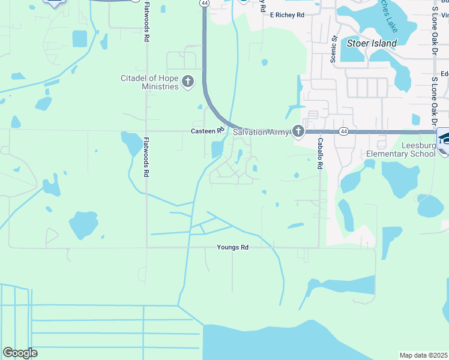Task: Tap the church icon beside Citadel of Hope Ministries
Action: pyautogui.click(x=188, y=82)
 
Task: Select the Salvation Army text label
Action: pyautogui.click(x=261, y=132)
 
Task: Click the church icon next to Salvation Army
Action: pyautogui.click(x=298, y=132)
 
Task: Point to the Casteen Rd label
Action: pyautogui.click(x=207, y=130)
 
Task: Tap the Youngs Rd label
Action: pyautogui.click(x=233, y=247)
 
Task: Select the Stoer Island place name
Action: pyautogui.click(x=372, y=43)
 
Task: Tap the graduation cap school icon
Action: pyautogui.click(x=445, y=137)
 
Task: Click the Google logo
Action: pyautogui.click(x=20, y=353)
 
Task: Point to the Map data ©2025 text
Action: pyautogui.click(x=424, y=355)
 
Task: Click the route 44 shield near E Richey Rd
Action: pyautogui.click(x=205, y=4)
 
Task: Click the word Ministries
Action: pyautogui.click(x=160, y=86)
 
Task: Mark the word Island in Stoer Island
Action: pyautogui.click(x=384, y=43)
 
